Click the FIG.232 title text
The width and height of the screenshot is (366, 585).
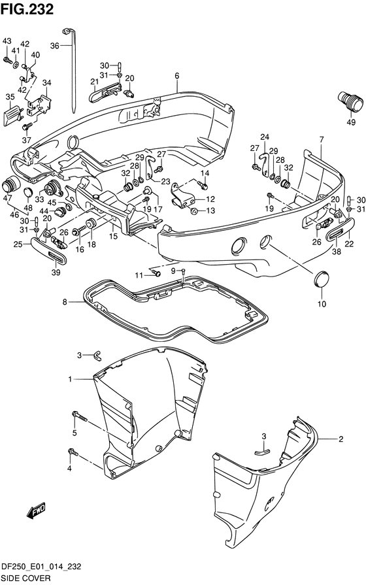[x=27, y=9]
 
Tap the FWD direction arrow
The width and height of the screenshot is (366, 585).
[x=36, y=510]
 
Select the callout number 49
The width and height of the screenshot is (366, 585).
[x=351, y=122]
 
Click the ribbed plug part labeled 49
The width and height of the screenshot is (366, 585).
[x=350, y=101]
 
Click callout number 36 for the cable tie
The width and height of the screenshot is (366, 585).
[x=54, y=46]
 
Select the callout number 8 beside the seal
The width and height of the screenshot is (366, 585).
[x=65, y=302]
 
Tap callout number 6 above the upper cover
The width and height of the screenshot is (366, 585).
[x=177, y=76]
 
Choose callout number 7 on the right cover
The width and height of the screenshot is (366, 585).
[x=322, y=140]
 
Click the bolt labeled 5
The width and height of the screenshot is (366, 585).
[x=80, y=417]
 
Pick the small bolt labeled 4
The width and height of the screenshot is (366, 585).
[x=73, y=452]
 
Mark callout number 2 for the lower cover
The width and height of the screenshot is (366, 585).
[x=341, y=439]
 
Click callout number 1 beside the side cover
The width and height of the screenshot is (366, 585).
[x=70, y=379]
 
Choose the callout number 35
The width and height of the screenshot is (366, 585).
[x=10, y=97]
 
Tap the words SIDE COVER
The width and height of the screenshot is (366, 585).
[x=26, y=578]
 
